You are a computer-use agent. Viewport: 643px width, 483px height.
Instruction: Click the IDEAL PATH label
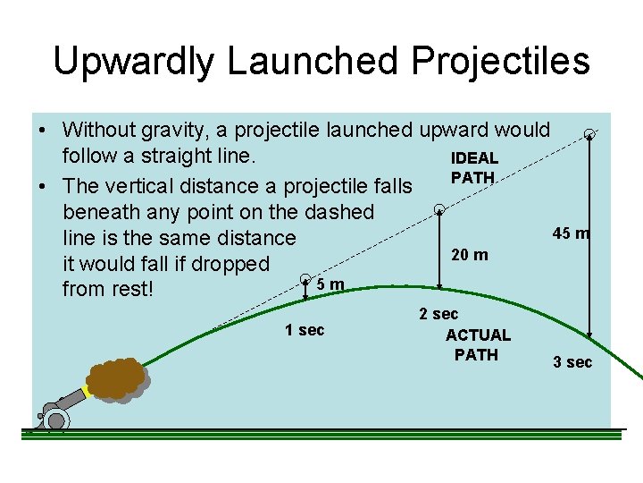click(474, 168)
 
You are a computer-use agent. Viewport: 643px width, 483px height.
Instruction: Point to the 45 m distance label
click(571, 233)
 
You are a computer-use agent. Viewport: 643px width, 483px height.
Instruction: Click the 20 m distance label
click(470, 255)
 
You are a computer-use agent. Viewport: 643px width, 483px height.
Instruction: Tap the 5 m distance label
click(330, 284)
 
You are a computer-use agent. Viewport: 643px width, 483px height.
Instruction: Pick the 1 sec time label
click(305, 330)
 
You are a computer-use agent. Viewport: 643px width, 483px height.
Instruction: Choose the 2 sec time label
click(438, 314)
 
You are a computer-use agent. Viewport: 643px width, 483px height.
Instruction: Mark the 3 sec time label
click(572, 362)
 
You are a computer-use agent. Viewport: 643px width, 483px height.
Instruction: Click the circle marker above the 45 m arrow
click(589, 134)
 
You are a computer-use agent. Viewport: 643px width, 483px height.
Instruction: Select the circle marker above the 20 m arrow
click(438, 210)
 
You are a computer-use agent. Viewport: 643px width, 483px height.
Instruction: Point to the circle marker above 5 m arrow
click(305, 278)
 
